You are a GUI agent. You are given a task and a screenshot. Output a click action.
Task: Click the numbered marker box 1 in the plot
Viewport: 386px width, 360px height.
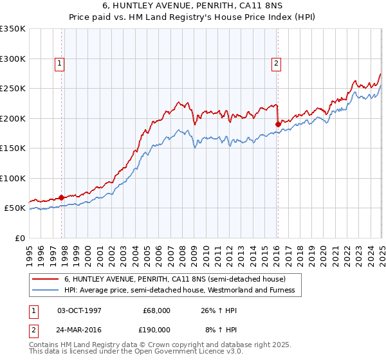(59, 63)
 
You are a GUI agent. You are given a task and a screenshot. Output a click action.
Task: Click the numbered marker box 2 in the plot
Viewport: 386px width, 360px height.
(276, 63)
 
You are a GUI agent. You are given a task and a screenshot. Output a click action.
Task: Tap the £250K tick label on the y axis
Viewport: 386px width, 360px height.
(12, 89)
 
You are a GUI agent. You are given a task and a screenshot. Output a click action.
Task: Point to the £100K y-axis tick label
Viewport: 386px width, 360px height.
(12, 178)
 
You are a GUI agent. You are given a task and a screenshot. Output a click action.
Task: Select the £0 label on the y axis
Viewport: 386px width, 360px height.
(19, 238)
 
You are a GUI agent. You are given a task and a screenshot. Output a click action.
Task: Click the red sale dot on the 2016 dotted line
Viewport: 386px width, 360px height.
(278, 125)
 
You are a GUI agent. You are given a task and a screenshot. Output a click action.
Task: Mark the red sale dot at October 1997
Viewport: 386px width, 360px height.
(62, 197)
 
